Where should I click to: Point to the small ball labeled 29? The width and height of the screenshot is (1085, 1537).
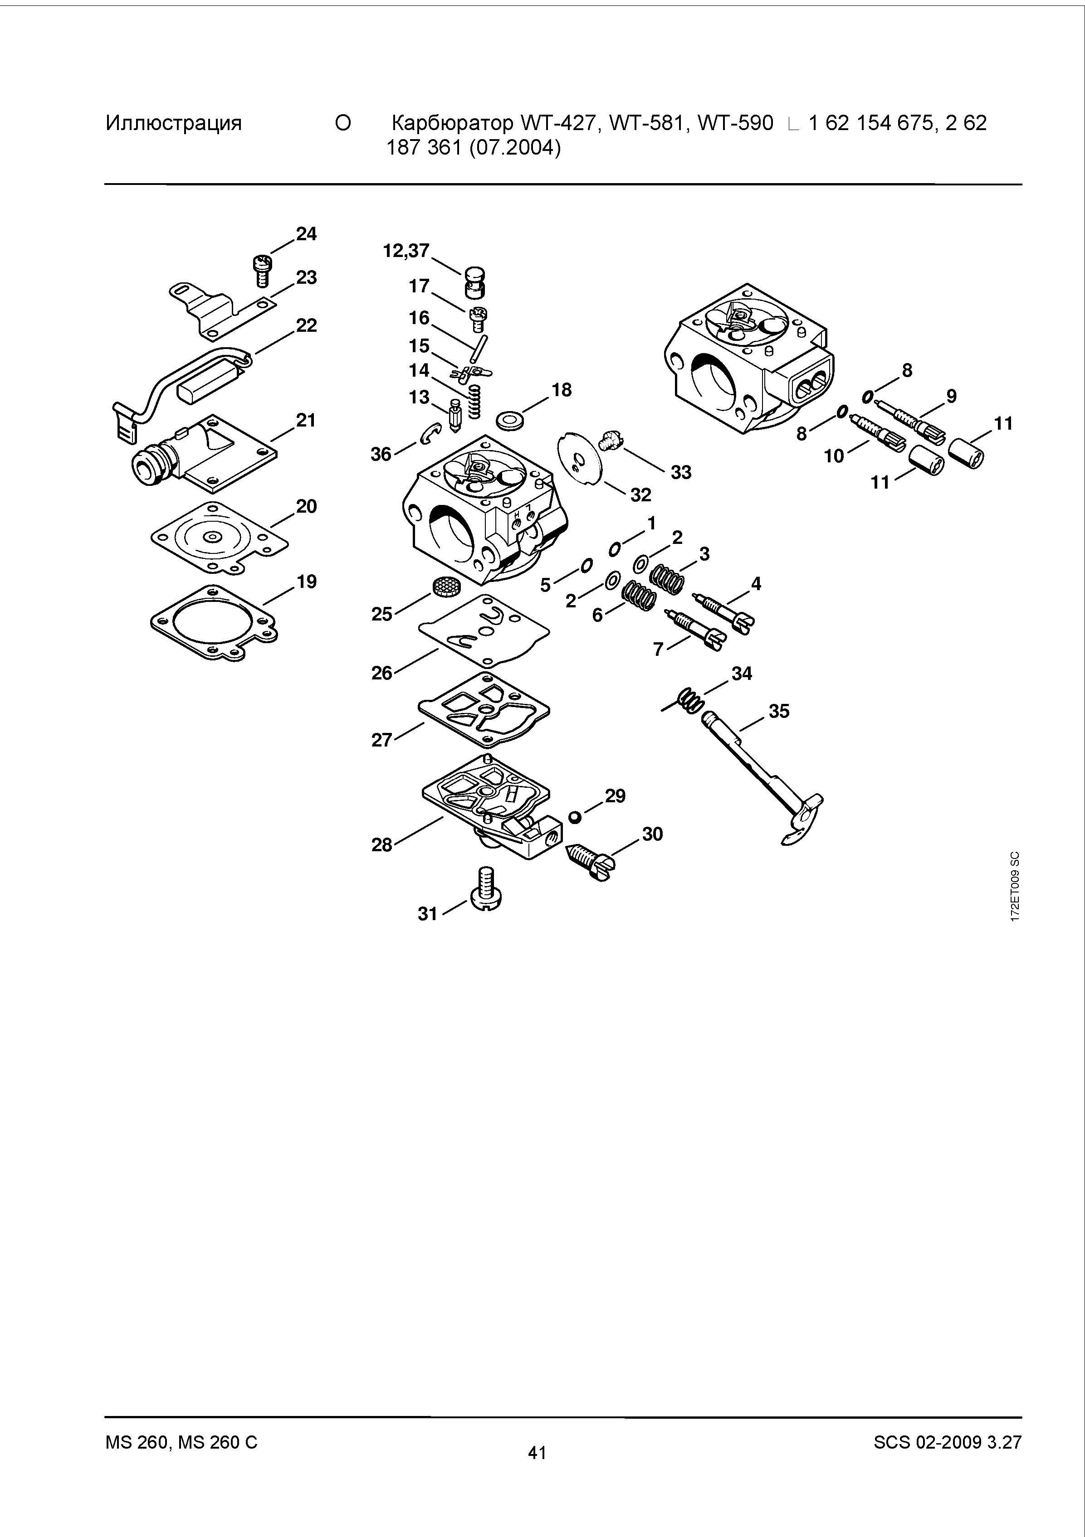[574, 817]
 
